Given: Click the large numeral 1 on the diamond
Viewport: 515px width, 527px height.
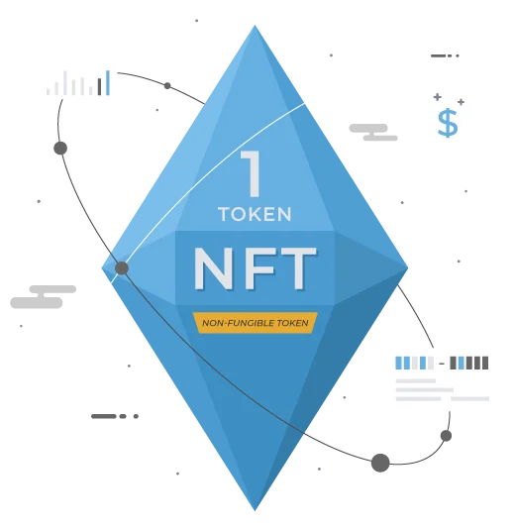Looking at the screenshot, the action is coord(252,173).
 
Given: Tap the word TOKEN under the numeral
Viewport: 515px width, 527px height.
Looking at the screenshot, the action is coord(255,214).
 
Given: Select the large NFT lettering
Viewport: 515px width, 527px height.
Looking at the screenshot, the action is coord(256,268).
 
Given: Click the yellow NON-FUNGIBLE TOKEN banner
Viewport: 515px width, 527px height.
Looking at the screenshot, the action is coord(256,323).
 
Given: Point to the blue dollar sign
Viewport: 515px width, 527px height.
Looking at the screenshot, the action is coord(448,123).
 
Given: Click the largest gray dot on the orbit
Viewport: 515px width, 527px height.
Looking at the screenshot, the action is coord(380,463).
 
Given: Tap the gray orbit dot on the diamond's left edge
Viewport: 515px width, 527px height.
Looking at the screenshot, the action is coord(122,268).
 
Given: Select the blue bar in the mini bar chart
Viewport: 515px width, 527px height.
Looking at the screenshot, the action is coord(108,82).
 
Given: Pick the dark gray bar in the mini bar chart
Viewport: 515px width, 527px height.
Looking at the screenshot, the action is coord(99,87).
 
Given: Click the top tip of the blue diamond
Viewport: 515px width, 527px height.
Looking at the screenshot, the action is coord(255,25).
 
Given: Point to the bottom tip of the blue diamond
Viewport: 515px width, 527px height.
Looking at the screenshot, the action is coord(255,511).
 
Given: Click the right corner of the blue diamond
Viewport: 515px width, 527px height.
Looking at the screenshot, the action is coord(408,268).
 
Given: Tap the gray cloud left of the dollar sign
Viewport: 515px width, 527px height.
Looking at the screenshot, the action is coord(373,132).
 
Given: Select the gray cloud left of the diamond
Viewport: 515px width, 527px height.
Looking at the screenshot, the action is coord(43,297).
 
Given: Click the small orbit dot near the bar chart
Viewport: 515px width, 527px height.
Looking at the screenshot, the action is coord(167,86).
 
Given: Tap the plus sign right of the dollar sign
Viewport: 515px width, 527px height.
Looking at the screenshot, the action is coord(461,102).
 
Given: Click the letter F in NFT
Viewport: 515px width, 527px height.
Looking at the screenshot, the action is coord(257,268).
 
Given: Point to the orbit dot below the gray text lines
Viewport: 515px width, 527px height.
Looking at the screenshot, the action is coord(446,436).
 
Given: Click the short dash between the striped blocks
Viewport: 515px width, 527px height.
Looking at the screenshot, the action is coord(442,364).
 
